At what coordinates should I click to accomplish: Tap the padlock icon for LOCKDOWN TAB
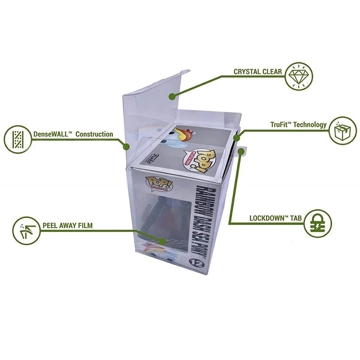tap(317, 222)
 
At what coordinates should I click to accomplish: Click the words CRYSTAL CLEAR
tap(258, 72)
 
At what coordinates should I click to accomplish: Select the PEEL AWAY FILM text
tap(68, 225)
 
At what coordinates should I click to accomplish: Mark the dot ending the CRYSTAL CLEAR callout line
tap(171, 95)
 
